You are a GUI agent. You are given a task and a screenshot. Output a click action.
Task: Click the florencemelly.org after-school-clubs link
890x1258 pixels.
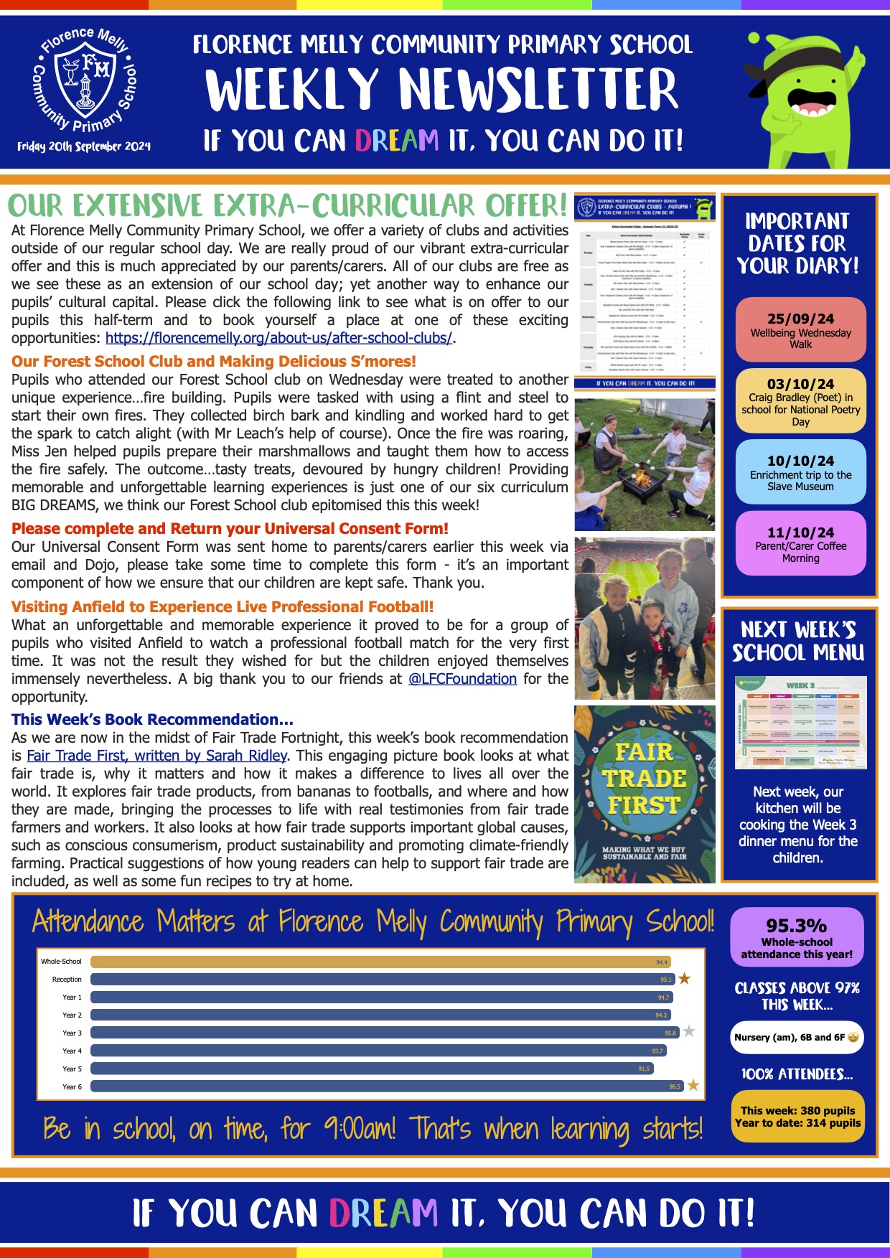[x=278, y=338]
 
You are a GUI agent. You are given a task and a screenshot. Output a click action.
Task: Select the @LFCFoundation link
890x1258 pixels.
[x=462, y=679]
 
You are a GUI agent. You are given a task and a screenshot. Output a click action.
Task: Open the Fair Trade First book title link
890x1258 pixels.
[x=156, y=756]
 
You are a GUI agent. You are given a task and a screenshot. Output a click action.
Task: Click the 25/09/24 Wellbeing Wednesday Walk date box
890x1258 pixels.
[x=800, y=329]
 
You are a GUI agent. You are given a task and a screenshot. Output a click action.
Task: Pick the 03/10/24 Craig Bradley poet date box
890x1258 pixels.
[x=800, y=401]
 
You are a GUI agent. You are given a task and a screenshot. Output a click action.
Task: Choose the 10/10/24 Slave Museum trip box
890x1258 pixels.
[x=800, y=472]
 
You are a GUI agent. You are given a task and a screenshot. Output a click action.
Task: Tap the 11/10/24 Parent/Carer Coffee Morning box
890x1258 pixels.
[x=800, y=544]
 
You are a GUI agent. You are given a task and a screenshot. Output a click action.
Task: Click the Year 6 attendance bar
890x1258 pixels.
[x=387, y=1086]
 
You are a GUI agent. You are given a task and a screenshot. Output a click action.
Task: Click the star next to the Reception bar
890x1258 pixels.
[x=685, y=979]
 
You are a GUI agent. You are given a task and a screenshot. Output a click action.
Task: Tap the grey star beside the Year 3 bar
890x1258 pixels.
[x=689, y=1031]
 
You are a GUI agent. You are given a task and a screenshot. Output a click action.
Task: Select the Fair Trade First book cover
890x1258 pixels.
[x=645, y=794]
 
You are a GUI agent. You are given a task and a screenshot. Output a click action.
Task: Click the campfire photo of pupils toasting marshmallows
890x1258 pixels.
[x=645, y=465]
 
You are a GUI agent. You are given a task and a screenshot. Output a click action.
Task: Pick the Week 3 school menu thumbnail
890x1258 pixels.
[x=800, y=722]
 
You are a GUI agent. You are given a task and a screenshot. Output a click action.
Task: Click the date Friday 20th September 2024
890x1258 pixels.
[x=84, y=146]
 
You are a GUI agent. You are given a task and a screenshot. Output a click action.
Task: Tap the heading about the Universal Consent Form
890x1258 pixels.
[x=230, y=529]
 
